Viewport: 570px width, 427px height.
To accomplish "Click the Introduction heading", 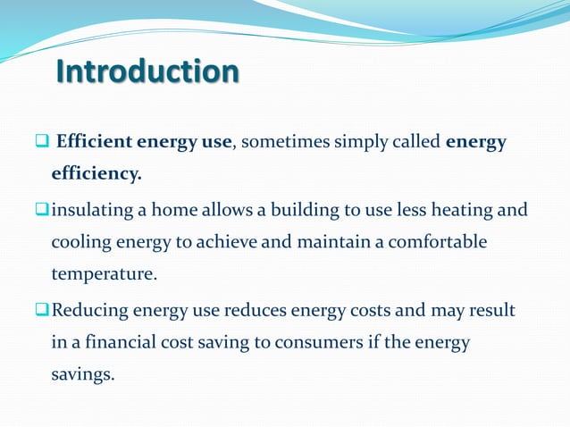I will coord(147,71).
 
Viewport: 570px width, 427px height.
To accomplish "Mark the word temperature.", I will coord(104,274).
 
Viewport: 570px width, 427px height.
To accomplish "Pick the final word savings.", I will coord(82,374).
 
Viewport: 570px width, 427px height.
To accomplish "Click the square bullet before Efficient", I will coord(42,142).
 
